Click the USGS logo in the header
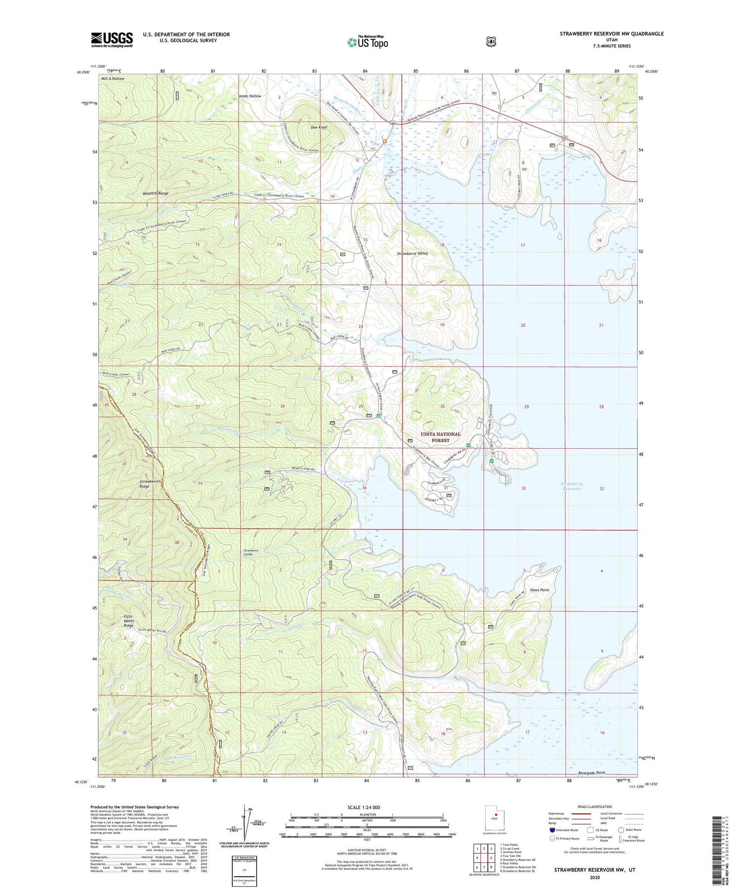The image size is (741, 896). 112,40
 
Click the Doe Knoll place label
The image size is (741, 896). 319,127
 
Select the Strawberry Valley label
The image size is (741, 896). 412,254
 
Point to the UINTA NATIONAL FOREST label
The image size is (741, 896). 440,437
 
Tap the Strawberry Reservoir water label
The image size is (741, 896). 572,486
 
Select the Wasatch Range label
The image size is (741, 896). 156,193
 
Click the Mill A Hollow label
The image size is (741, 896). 113,79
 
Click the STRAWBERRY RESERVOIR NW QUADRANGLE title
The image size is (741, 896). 612,34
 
